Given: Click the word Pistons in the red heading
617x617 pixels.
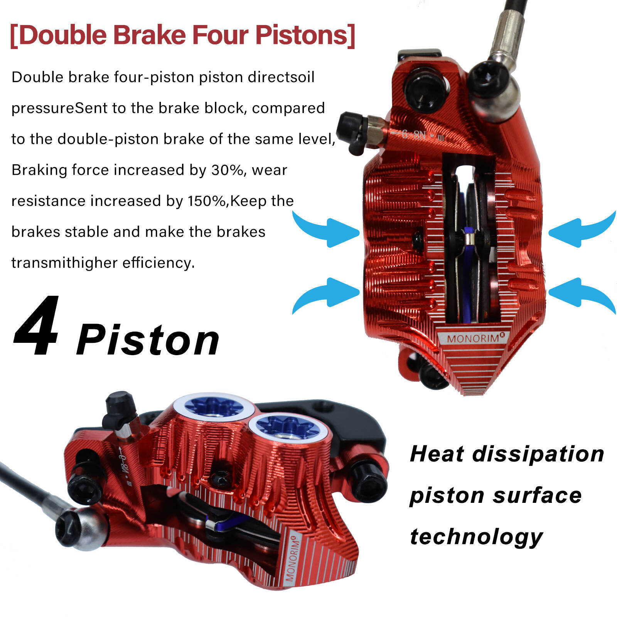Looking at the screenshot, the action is coord(301,35).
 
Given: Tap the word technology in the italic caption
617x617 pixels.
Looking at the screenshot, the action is coord(477,537).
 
